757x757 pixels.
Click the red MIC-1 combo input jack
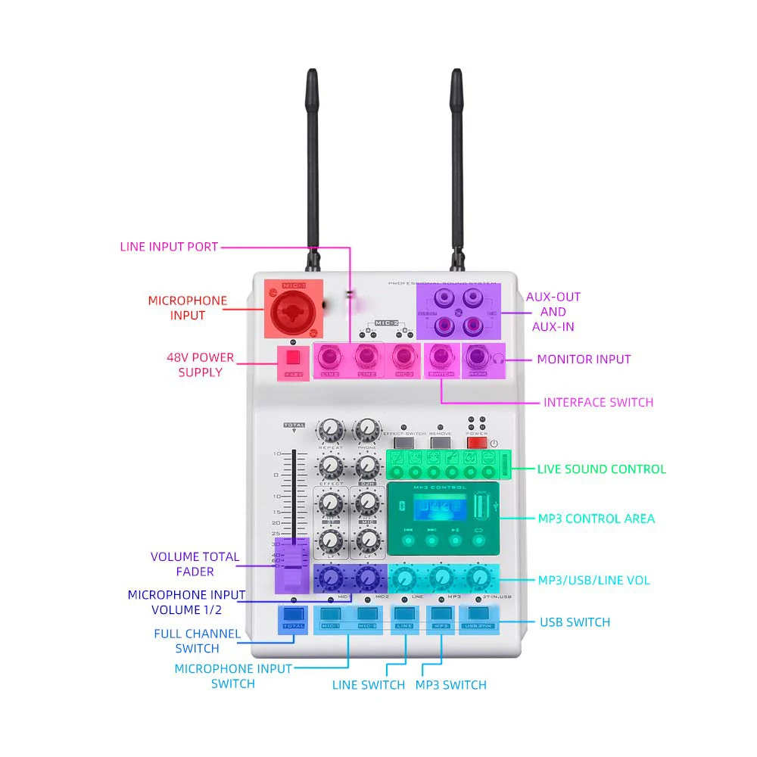293,310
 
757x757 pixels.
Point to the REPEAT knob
330,430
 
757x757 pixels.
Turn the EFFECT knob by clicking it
330,466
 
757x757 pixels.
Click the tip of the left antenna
311,73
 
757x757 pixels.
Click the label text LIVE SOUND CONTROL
602,469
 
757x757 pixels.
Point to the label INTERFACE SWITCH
598,402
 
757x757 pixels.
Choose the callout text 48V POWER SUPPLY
201,365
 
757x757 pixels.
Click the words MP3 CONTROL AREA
597,519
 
